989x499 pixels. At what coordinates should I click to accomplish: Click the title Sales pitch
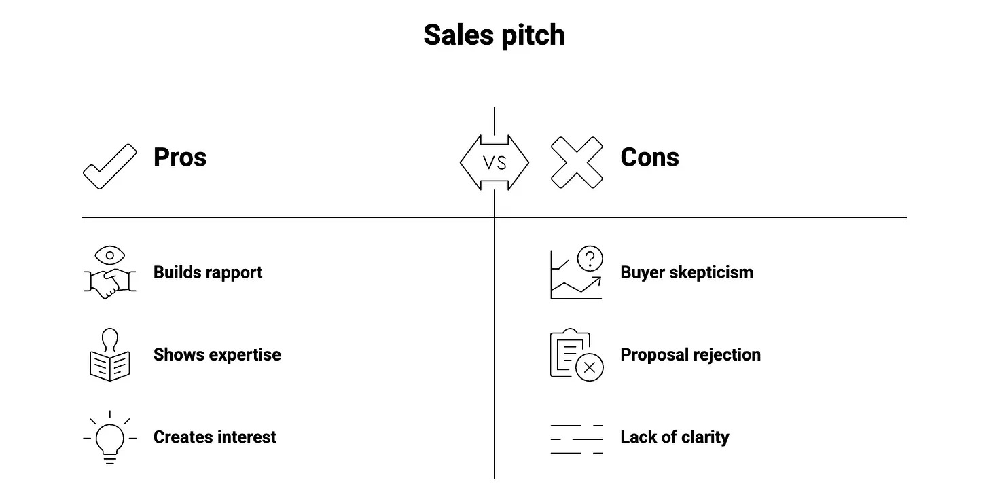pyautogui.click(x=494, y=35)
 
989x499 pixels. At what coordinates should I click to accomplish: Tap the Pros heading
pyautogui.click(x=180, y=157)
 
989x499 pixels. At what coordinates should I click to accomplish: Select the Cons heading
pyautogui.click(x=649, y=157)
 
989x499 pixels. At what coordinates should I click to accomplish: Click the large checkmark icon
pyautogui.click(x=109, y=167)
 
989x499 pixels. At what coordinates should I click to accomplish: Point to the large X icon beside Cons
pyautogui.click(x=577, y=162)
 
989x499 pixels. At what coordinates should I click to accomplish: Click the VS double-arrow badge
pyautogui.click(x=494, y=162)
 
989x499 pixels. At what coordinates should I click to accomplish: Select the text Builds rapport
pyautogui.click(x=208, y=273)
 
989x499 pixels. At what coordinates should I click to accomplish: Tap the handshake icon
pyautogui.click(x=109, y=283)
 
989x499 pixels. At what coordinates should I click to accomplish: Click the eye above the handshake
pyautogui.click(x=109, y=255)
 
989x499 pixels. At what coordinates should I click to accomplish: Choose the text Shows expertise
pyautogui.click(x=217, y=354)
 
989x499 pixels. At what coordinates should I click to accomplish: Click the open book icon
pyautogui.click(x=109, y=366)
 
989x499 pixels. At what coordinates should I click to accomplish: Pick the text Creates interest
pyautogui.click(x=215, y=437)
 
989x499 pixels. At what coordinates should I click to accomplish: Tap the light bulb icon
pyautogui.click(x=109, y=438)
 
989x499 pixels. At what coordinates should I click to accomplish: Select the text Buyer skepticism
pyautogui.click(x=687, y=273)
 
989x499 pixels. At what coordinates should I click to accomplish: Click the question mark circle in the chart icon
pyautogui.click(x=590, y=258)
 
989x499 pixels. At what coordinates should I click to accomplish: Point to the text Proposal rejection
pyautogui.click(x=691, y=354)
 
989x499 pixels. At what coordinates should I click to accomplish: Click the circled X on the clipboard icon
pyautogui.click(x=590, y=367)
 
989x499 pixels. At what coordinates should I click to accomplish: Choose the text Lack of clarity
pyautogui.click(x=675, y=437)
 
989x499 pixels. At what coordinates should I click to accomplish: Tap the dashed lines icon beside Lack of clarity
pyautogui.click(x=577, y=439)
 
